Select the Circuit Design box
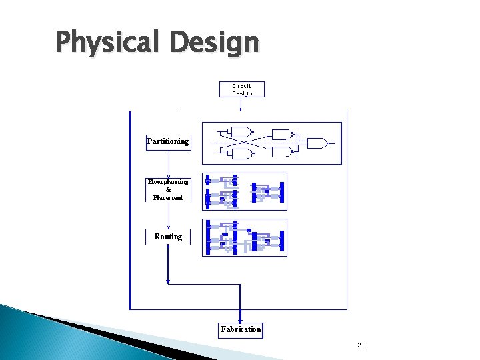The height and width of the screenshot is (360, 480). coord(242,89)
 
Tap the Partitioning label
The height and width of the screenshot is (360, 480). coord(168,141)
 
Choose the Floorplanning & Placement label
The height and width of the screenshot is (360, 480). coord(168,189)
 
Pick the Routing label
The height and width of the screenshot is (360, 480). coord(168,237)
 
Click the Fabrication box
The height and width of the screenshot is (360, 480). coord(241,329)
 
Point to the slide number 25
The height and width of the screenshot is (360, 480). coord(361,345)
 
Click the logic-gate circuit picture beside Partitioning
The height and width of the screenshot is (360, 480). coord(271,142)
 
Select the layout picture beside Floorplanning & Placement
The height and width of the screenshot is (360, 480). coord(244,191)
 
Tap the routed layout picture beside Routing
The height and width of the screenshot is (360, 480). coord(244,237)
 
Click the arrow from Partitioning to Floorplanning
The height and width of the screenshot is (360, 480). coord(169,164)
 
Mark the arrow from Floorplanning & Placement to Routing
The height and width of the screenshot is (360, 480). coord(169,215)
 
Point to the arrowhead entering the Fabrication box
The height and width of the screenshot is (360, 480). coord(241,319)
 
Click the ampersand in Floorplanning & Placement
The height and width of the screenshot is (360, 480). coord(168,189)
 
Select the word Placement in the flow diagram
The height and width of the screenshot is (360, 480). coord(168,197)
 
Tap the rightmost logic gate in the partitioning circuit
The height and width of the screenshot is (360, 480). coord(316,143)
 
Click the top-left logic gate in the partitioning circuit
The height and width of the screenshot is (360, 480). coord(241,131)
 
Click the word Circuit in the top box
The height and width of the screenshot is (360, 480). coord(242,86)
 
